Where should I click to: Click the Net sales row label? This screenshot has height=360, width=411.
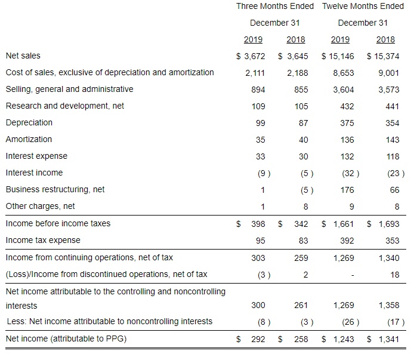23,56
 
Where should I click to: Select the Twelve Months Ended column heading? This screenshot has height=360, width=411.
363,7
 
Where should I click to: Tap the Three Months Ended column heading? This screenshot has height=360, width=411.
274,7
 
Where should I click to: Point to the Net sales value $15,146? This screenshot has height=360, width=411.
339,56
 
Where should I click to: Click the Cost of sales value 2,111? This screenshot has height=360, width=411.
255,73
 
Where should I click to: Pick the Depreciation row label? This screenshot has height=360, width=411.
29,122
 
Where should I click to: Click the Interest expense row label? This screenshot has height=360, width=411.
36,156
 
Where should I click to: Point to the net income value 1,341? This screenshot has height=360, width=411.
387,339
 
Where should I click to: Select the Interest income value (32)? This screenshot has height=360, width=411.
350,173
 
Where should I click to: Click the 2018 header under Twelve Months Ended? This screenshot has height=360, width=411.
385,40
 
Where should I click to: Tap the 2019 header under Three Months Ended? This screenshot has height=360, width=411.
253,40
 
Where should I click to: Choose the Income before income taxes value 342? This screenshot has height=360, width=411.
301,224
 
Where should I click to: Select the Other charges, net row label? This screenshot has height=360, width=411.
40,206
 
